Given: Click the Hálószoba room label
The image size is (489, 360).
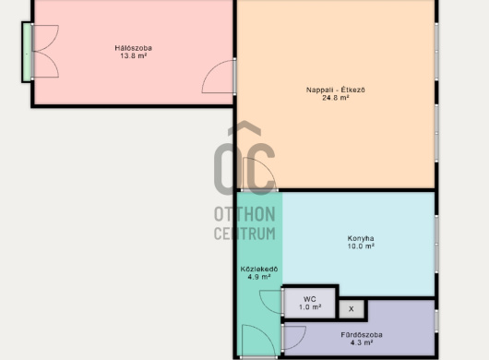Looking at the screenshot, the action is coord(133,48).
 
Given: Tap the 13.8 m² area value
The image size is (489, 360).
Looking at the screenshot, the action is coord(134,56).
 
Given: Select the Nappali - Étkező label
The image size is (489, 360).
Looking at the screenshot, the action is coord(336,90).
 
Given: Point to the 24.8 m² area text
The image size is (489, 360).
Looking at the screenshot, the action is coord(336,98).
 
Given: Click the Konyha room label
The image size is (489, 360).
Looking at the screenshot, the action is coord(361,238).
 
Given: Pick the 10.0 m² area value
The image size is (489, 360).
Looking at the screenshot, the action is coord(361,246).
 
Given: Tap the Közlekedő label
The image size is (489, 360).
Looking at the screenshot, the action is coord(259,269).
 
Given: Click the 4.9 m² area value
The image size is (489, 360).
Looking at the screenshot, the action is coord(259,277).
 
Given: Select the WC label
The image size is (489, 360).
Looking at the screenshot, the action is coord(309,299).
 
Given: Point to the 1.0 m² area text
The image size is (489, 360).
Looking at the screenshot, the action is coord(310,307).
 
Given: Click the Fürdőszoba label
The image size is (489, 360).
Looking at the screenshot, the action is coord(362,335).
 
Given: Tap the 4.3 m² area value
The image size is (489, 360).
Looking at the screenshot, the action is coord(362,342).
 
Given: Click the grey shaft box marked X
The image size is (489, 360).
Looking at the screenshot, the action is coord(352,309).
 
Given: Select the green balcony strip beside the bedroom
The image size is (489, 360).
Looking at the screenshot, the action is coord(27,52).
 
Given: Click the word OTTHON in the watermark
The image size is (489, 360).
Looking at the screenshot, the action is coord(244,214).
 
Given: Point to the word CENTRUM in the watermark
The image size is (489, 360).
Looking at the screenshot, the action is coord(244,234).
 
